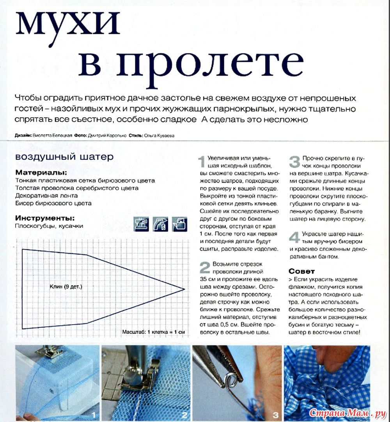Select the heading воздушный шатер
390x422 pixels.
click(64, 157)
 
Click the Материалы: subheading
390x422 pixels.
click(41, 172)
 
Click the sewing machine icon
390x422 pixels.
click(142, 224)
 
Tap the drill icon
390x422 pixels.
click(160, 224)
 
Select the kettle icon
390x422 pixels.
click(179, 224)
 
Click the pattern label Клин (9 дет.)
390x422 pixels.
click(66, 287)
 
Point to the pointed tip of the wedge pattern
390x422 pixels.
click(184, 289)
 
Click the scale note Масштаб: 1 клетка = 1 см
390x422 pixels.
click(153, 332)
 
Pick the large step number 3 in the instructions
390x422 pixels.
click(294, 161)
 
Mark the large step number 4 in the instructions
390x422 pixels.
click(294, 237)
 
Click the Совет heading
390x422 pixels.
click(301, 271)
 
